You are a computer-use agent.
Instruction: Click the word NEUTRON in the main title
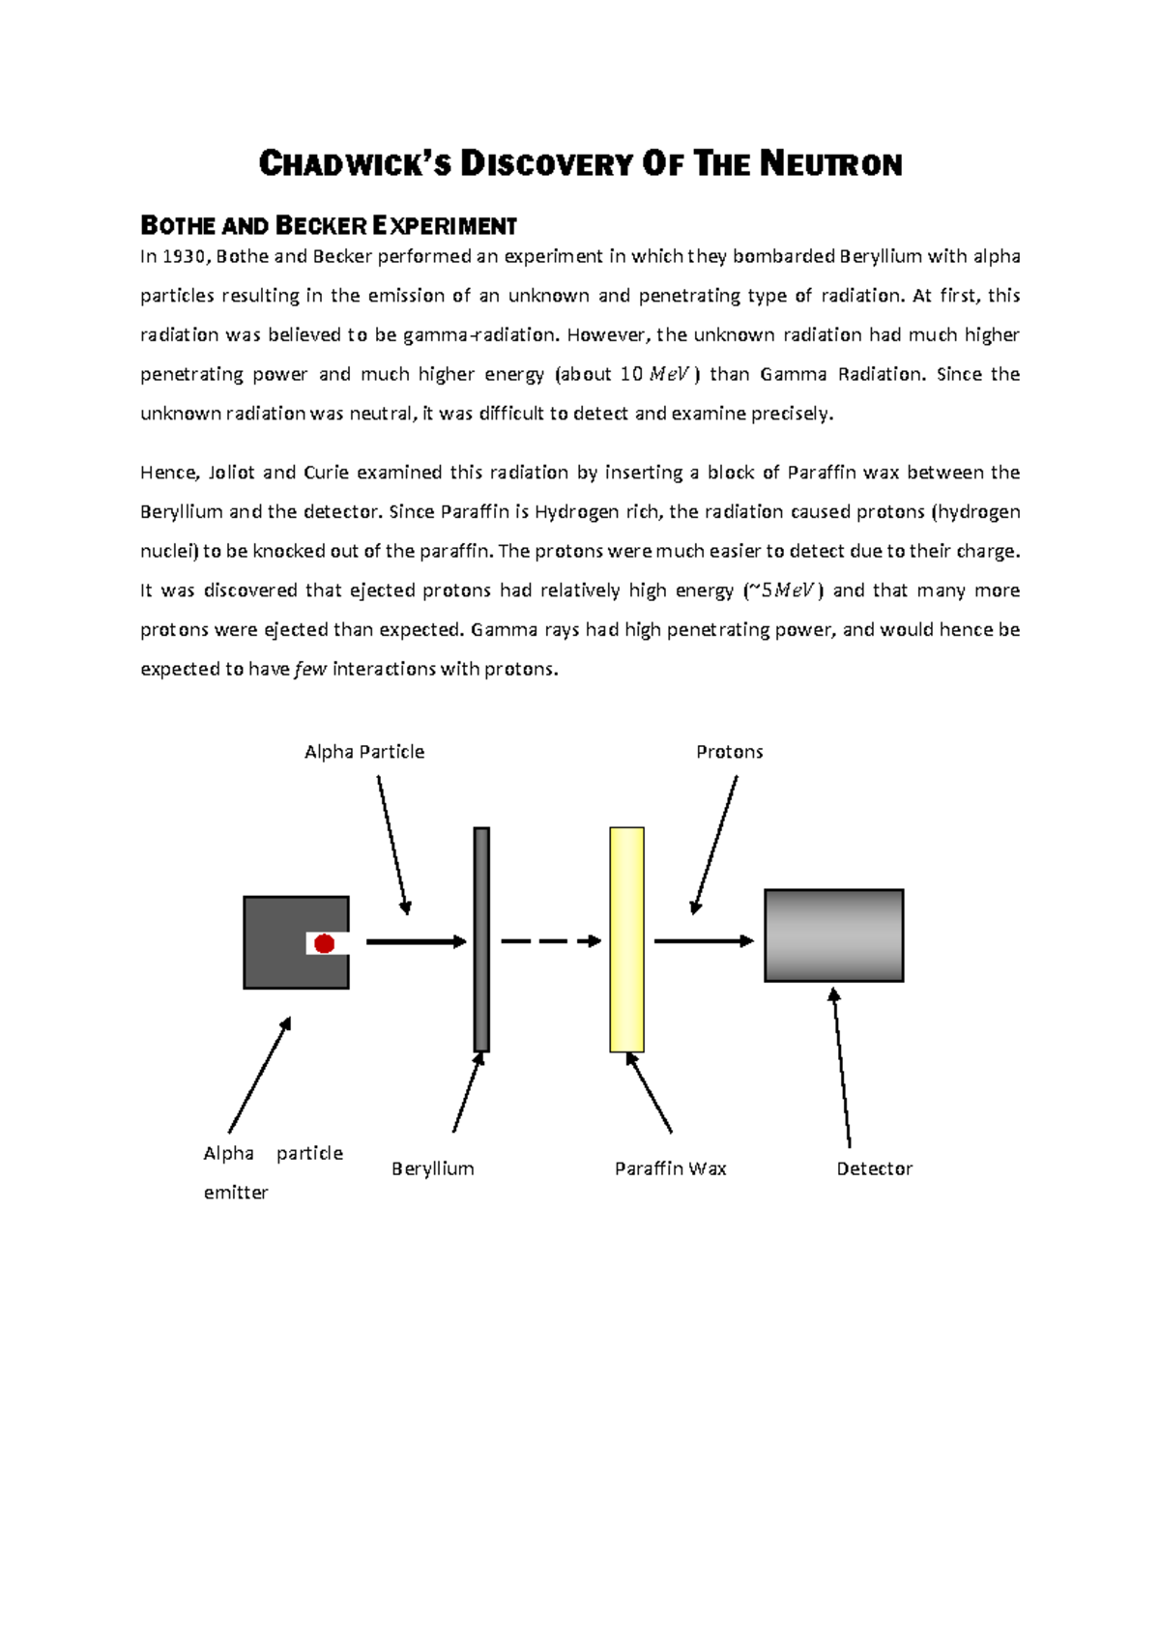pyautogui.click(x=830, y=164)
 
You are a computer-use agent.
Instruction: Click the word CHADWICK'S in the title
pyautogui.click(x=355, y=164)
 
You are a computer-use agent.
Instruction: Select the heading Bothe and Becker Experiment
pyautogui.click(x=329, y=226)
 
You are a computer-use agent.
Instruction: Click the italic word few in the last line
pyautogui.click(x=310, y=670)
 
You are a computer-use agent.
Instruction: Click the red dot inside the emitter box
pyautogui.click(x=325, y=943)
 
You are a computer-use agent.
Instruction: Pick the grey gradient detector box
pyautogui.click(x=833, y=936)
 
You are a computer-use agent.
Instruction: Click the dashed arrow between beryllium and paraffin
pyautogui.click(x=550, y=940)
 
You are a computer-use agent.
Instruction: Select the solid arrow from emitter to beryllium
pyautogui.click(x=416, y=941)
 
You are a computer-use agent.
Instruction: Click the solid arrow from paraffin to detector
pyautogui.click(x=703, y=940)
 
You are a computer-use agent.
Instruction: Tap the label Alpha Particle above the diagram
pyautogui.click(x=363, y=752)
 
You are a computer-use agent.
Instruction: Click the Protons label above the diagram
pyautogui.click(x=729, y=752)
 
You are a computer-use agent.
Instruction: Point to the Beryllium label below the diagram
pyautogui.click(x=432, y=1168)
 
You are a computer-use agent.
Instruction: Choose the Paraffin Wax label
pyautogui.click(x=670, y=1168)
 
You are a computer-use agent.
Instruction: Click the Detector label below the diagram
pyautogui.click(x=874, y=1168)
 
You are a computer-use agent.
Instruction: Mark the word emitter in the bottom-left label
pyautogui.click(x=236, y=1193)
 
